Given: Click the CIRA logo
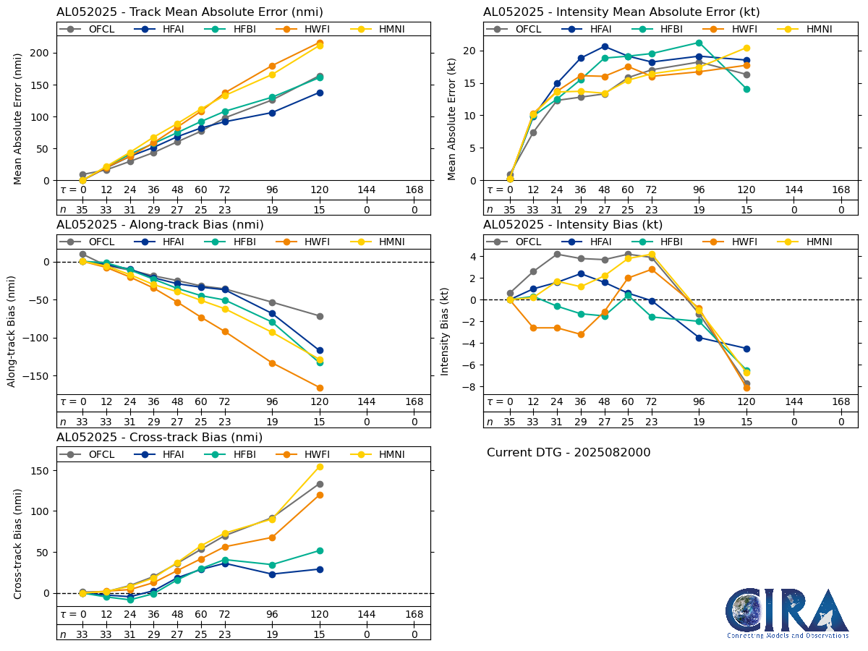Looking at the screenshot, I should pyautogui.click(x=787, y=613).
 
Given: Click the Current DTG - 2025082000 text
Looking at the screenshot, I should pyautogui.click(x=569, y=453).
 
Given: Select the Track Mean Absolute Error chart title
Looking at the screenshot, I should pyautogui.click(x=190, y=12).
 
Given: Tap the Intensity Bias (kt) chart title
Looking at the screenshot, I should pyautogui.click(x=573, y=225).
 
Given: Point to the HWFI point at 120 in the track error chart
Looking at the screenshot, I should pyautogui.click(x=320, y=43).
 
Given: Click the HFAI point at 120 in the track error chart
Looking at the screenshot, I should pyautogui.click(x=320, y=93).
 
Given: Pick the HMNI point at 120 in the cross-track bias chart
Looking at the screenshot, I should pyautogui.click(x=320, y=467).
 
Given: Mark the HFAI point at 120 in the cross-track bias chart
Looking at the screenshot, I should pyautogui.click(x=320, y=569).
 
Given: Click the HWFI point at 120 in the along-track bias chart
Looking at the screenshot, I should pyautogui.click(x=320, y=388).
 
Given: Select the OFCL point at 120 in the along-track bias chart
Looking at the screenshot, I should pyautogui.click(x=320, y=316).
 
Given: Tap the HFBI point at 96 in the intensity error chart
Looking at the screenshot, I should pyautogui.click(x=699, y=43).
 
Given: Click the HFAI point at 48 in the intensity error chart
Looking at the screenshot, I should pyautogui.click(x=605, y=46).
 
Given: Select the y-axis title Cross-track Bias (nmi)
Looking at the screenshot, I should pyautogui.click(x=18, y=544).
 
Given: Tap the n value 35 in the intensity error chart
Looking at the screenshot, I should pyautogui.click(x=510, y=210).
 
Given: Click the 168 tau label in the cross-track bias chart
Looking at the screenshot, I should pyautogui.click(x=414, y=614).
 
